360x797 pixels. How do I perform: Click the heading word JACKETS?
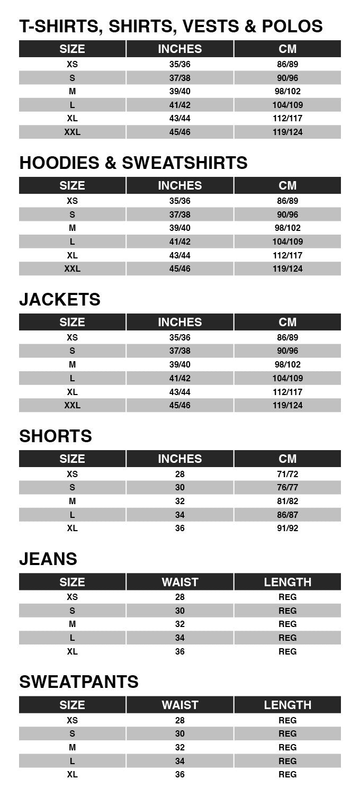click(x=60, y=300)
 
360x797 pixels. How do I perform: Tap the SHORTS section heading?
click(x=56, y=436)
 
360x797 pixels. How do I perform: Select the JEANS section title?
click(x=48, y=559)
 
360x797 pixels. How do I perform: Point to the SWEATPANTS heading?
click(x=79, y=682)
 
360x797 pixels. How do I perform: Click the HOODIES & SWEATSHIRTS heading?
click(x=133, y=163)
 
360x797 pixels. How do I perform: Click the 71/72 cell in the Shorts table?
click(x=287, y=474)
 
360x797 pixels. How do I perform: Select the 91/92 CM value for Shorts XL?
click(x=287, y=529)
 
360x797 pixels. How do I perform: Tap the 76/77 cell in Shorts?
click(x=287, y=488)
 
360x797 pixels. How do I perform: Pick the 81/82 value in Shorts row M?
click(x=287, y=501)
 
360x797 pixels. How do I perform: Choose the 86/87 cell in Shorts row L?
click(x=287, y=515)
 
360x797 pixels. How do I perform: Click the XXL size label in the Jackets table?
click(x=73, y=405)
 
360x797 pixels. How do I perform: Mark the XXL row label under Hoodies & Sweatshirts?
click(x=73, y=268)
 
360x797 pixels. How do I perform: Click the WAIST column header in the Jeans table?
click(x=180, y=582)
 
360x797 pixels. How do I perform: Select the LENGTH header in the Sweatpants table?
click(x=287, y=705)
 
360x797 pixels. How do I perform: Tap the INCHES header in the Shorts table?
click(x=180, y=459)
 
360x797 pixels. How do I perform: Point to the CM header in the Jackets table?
click(x=287, y=322)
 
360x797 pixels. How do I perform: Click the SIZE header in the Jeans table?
click(x=73, y=582)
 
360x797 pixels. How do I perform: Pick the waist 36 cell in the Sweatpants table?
click(x=180, y=774)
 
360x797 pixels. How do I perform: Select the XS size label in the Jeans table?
click(x=73, y=597)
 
